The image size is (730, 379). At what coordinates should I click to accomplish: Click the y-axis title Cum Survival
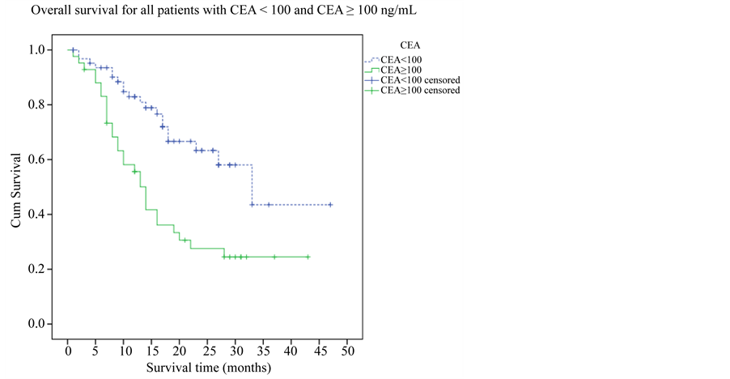(16, 186)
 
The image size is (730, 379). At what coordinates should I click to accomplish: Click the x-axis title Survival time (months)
(208, 367)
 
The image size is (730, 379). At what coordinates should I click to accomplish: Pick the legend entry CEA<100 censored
(419, 80)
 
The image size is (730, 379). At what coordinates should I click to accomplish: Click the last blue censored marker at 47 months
(331, 205)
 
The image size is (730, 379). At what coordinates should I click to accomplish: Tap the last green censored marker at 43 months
(308, 257)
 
